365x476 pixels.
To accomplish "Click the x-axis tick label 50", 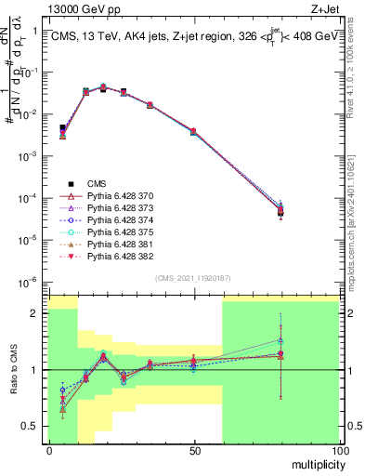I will coord(194,451).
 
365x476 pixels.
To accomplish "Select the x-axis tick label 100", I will coord(339,451).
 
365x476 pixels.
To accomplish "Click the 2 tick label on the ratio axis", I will coord(36,313).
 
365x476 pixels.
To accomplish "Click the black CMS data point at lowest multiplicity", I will coord(62,127).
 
